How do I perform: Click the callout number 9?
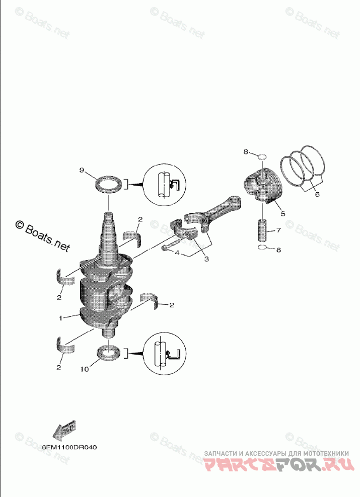click(x=82, y=171)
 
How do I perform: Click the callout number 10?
click(x=84, y=369)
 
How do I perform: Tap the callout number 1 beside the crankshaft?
click(x=61, y=318)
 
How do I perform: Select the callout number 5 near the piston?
click(x=282, y=214)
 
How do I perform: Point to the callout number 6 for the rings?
click(x=317, y=194)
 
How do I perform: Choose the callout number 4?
click(x=177, y=253)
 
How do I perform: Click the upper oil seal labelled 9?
click(x=109, y=183)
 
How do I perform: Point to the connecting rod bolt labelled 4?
click(x=170, y=246)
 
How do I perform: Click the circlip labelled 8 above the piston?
click(x=261, y=157)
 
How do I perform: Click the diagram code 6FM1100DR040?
click(x=69, y=447)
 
